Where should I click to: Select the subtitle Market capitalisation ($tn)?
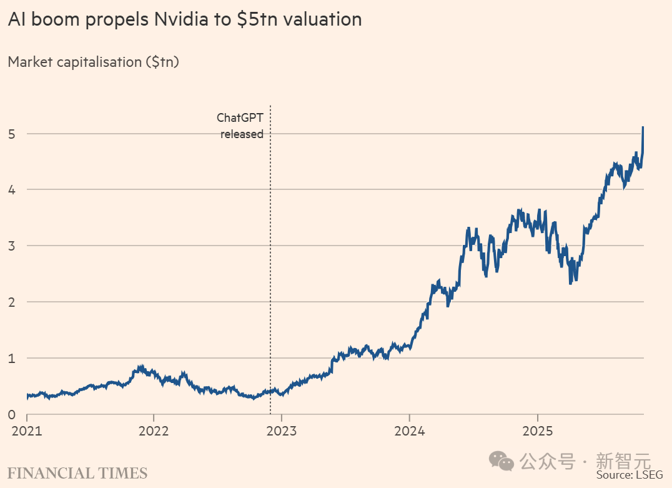(x=93, y=62)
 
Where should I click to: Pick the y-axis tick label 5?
(x=12, y=133)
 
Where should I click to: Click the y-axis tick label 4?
(x=12, y=189)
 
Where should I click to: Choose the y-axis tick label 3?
(x=12, y=246)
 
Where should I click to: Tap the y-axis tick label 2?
(x=12, y=302)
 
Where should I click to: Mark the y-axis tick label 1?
(x=12, y=358)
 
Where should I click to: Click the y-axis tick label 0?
(x=12, y=414)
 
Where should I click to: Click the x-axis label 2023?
(x=282, y=431)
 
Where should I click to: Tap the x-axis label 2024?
(x=410, y=431)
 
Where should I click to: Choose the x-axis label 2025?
(x=538, y=431)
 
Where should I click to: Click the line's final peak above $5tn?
(x=643, y=128)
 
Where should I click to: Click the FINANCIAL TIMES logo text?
(x=77, y=473)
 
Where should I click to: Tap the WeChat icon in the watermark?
(x=502, y=461)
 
